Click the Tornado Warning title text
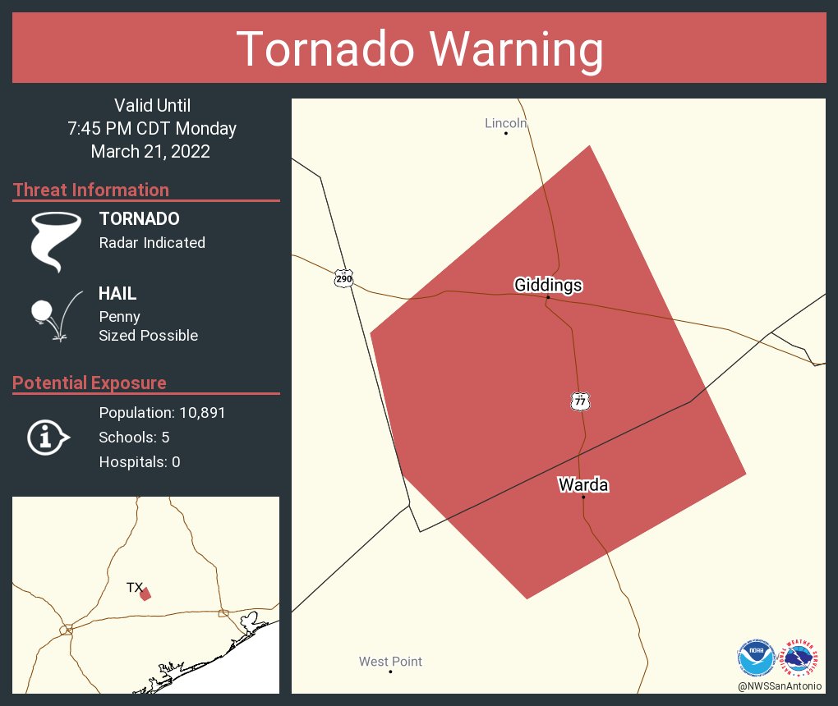pos(419,49)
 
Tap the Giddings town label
pos(548,285)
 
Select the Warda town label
pos(582,484)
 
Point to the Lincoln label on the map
pos(504,123)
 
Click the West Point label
pos(390,662)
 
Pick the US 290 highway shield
pos(343,278)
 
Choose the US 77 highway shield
pos(580,401)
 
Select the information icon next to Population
pos(48,437)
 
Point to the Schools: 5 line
pos(134,437)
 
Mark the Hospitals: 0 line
pos(140,462)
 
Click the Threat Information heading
pos(91,190)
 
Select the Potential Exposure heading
pos(90,383)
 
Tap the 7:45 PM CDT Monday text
pos(152,129)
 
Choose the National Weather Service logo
pos(802,658)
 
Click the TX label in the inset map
pos(134,587)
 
